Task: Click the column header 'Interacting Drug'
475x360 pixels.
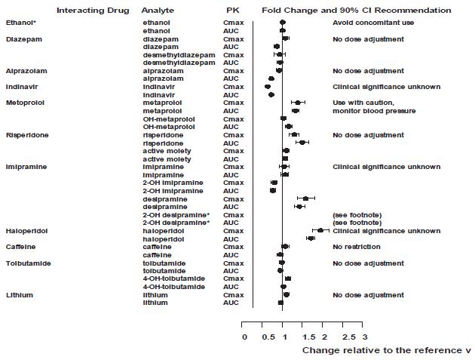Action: pos(93,11)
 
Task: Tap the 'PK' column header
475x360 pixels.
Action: pos(233,11)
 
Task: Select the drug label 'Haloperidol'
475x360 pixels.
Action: pos(24,230)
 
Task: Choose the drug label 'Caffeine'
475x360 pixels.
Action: pos(20,247)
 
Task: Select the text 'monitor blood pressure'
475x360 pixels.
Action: pos(373,111)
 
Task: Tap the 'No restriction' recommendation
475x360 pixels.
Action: pos(357,247)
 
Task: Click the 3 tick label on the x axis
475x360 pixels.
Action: pos(364,336)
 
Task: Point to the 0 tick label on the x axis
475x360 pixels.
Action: pos(244,336)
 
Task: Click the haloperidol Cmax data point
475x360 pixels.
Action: pos(320,230)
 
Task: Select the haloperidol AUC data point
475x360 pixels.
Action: pos(311,238)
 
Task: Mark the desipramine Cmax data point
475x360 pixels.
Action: pos(305,198)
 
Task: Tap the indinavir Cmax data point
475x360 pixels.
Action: pos(268,87)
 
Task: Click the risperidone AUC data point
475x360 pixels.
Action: pos(302,143)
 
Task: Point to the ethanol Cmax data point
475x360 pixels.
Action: pos(283,23)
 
